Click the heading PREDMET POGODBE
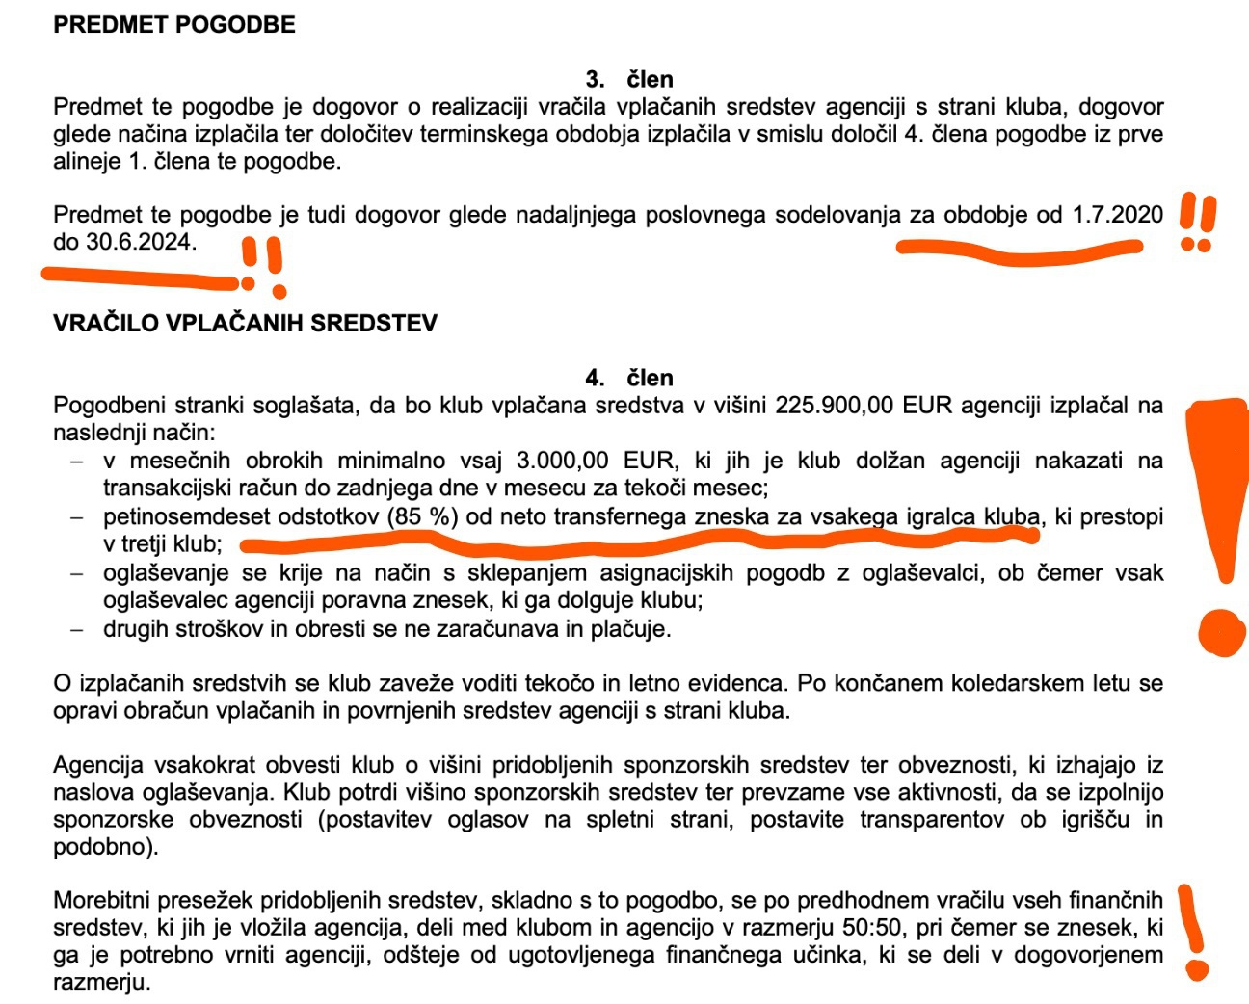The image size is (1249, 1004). click(174, 25)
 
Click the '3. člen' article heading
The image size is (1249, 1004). click(628, 79)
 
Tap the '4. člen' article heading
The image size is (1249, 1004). click(628, 378)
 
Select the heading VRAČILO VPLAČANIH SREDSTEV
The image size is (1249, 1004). click(245, 323)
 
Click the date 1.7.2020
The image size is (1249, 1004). click(1118, 215)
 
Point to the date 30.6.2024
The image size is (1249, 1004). click(141, 242)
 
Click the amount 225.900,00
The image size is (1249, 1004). click(835, 406)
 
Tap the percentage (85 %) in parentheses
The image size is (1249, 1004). click(423, 517)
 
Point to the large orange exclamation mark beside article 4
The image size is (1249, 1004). click(1219, 520)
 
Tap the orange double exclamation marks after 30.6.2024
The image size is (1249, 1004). click(262, 264)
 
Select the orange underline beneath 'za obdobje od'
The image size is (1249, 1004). click(1017, 251)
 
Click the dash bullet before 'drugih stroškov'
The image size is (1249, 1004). click(77, 629)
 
